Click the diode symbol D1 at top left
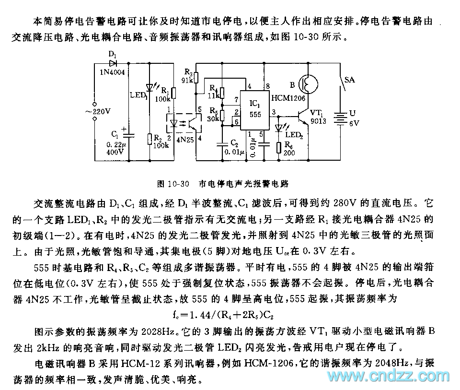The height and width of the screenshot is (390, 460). (113, 62)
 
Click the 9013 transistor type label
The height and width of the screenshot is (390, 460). (318, 121)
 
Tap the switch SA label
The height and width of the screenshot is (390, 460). (350, 81)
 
